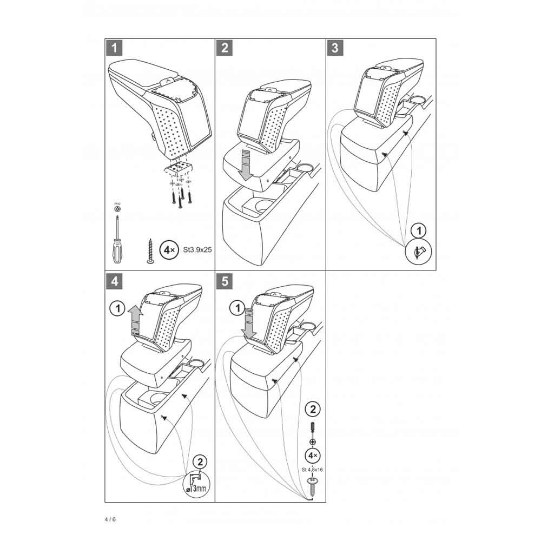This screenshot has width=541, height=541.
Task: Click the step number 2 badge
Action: coord(224,48)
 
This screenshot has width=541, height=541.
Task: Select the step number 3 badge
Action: coord(334,48)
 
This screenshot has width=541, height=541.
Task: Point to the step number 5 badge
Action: coord(224,281)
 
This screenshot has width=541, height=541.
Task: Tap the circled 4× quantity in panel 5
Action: coord(313,454)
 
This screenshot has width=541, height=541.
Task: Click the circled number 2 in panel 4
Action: coord(200,461)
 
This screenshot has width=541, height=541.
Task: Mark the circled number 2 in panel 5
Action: coord(313,408)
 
